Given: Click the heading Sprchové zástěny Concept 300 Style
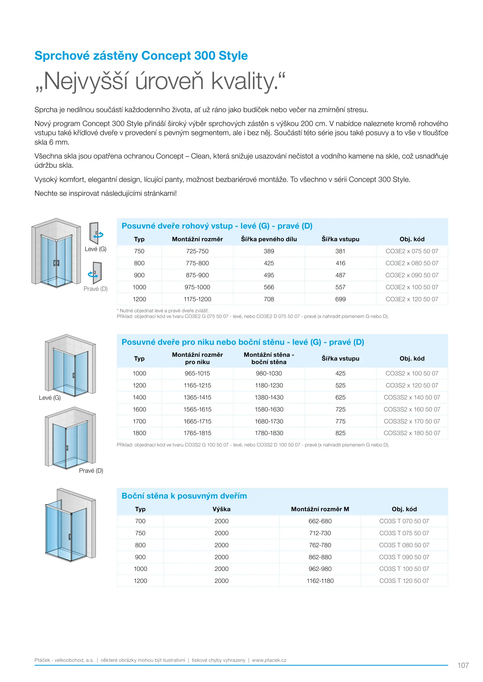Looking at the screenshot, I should pyautogui.click(x=141, y=56).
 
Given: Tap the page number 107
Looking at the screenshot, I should pyautogui.click(x=463, y=665).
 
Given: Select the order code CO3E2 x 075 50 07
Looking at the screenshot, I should pyautogui.click(x=412, y=251).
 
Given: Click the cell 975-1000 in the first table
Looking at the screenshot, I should pyautogui.click(x=197, y=287).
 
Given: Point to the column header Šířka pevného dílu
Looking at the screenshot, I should pyautogui.click(x=269, y=239).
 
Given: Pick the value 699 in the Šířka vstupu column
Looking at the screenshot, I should pyautogui.click(x=340, y=299).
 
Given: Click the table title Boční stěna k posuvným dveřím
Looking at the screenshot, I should pyautogui.click(x=184, y=496).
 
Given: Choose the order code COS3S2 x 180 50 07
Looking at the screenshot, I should pyautogui.click(x=412, y=433).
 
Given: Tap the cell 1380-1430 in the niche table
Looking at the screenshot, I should pyautogui.click(x=269, y=398).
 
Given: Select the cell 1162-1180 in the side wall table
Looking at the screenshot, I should pyautogui.click(x=320, y=581).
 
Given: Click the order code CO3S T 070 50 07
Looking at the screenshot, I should pyautogui.click(x=404, y=521).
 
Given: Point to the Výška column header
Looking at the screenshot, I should pyautogui.click(x=221, y=509).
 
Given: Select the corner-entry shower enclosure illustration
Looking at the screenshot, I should pyautogui.click(x=56, y=253).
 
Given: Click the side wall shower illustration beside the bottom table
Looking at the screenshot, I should pyautogui.click(x=70, y=525).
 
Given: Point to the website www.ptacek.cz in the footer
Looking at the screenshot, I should pyautogui.click(x=269, y=660).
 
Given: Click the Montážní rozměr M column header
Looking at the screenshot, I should pyautogui.click(x=320, y=509).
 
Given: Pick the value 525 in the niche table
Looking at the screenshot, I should pyautogui.click(x=340, y=386).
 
